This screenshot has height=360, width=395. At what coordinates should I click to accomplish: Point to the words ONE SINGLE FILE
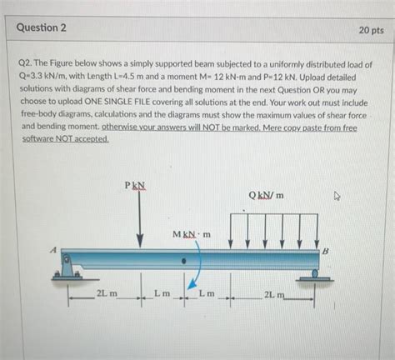coord(124,102)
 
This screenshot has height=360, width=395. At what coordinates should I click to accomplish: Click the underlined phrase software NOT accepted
coord(66,139)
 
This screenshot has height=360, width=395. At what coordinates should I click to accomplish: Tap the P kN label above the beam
coord(135,186)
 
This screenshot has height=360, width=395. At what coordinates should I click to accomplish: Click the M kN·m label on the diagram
coord(192,234)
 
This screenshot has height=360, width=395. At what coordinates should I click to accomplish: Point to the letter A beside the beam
coord(53,247)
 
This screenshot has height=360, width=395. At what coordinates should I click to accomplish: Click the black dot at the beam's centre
coord(186,259)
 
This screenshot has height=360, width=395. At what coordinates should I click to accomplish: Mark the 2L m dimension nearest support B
coord(273,296)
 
